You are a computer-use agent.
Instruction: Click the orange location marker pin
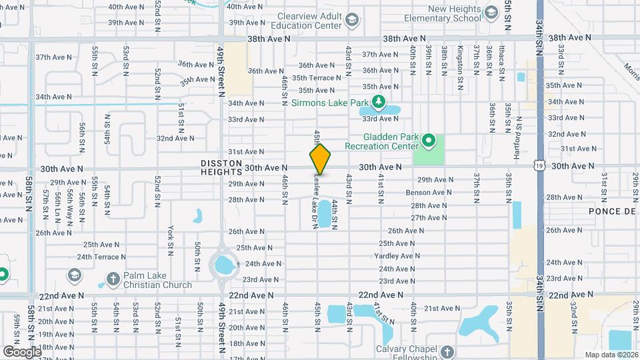click(321, 159)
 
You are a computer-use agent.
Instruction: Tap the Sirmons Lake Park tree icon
click(379, 103)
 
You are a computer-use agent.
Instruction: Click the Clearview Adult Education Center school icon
click(351, 23)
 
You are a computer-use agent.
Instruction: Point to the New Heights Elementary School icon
click(491, 13)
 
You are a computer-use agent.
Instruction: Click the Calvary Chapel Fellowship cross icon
click(447, 351)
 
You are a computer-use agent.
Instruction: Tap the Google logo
click(21, 351)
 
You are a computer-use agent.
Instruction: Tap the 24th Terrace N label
click(102, 257)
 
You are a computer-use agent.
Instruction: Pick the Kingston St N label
click(459, 67)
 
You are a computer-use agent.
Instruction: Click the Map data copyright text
click(611, 355)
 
